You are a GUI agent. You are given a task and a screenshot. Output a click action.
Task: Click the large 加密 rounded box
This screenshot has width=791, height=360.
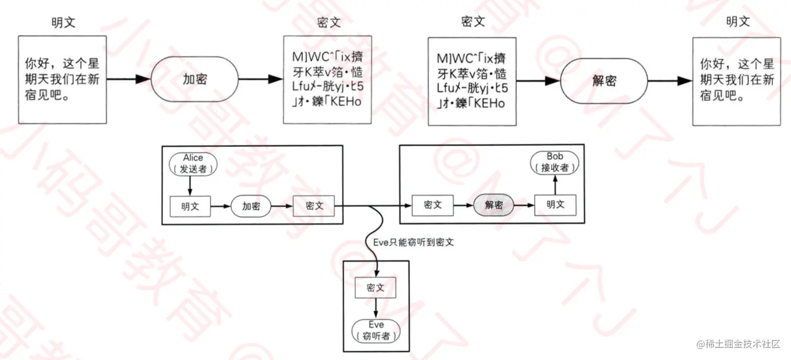coord(195,80)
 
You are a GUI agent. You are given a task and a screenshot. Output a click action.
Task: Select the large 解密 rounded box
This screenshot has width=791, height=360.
coord(604,81)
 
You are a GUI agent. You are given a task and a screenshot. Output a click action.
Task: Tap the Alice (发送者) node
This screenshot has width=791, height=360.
coord(193,163)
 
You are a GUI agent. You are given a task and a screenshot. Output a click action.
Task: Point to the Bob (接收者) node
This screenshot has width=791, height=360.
coord(555,163)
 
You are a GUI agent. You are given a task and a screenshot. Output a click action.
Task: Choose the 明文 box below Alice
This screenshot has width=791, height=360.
coord(190,206)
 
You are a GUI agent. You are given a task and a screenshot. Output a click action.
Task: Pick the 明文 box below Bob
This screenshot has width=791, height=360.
coord(555,205)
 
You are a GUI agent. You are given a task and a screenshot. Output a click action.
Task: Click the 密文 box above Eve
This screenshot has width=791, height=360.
coord(375,288)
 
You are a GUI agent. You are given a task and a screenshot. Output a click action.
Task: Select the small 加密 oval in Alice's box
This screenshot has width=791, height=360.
coord(251,206)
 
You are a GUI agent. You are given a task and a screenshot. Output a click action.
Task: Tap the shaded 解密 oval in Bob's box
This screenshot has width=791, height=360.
coord(494,205)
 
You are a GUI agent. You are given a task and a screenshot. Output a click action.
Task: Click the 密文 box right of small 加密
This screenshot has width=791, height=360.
coord(314,206)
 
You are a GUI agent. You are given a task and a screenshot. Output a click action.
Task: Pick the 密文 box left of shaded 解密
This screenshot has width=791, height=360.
coord(433,205)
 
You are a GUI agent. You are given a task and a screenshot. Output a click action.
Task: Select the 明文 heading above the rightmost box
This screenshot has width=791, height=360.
coord(738,22)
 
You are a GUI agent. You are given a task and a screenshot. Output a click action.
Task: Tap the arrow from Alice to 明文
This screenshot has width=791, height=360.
coord(190,185)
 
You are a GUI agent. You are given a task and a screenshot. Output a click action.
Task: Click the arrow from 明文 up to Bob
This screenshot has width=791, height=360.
coord(555,184)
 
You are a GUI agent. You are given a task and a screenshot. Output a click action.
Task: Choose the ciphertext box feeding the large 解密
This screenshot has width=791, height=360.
coord(472,81)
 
